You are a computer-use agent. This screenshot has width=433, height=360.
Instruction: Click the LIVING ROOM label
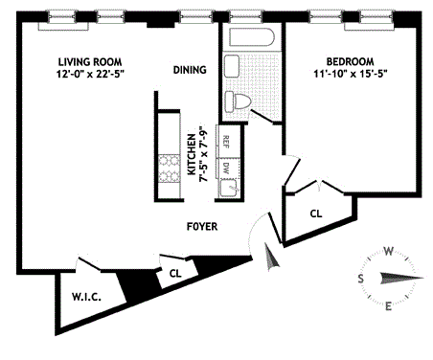coord(90,61)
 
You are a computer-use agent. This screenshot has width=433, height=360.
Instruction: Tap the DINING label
coord(190,70)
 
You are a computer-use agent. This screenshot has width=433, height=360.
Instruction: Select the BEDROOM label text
coord(350,61)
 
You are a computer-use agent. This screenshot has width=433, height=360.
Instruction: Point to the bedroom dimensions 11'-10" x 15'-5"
coord(351,74)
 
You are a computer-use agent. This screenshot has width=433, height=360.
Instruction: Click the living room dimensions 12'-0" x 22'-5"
coord(90,74)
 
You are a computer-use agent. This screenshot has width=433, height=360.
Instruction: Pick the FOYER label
coord(202,227)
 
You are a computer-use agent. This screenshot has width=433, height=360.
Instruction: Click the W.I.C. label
coord(86,297)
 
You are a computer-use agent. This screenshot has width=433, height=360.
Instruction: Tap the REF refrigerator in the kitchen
coord(228,141)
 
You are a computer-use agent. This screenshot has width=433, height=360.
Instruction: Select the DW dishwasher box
coord(228,168)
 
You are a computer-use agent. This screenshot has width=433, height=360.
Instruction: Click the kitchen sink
coord(228,188)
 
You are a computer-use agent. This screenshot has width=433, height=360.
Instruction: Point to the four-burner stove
coord(170,168)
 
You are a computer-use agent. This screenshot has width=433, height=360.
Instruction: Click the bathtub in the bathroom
coord(252,37)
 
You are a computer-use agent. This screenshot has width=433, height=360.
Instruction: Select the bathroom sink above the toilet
coord(232,66)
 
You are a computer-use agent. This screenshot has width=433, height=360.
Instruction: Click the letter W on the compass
coord(388,252)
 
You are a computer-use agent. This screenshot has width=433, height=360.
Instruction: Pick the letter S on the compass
coord(360,279)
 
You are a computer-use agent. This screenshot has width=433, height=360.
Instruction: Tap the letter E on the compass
coord(388,306)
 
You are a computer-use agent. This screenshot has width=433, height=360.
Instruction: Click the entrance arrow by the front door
coord(271,258)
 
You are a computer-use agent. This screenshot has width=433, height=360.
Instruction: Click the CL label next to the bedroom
coord(316,214)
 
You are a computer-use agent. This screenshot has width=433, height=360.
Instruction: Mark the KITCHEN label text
coord(191,154)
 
